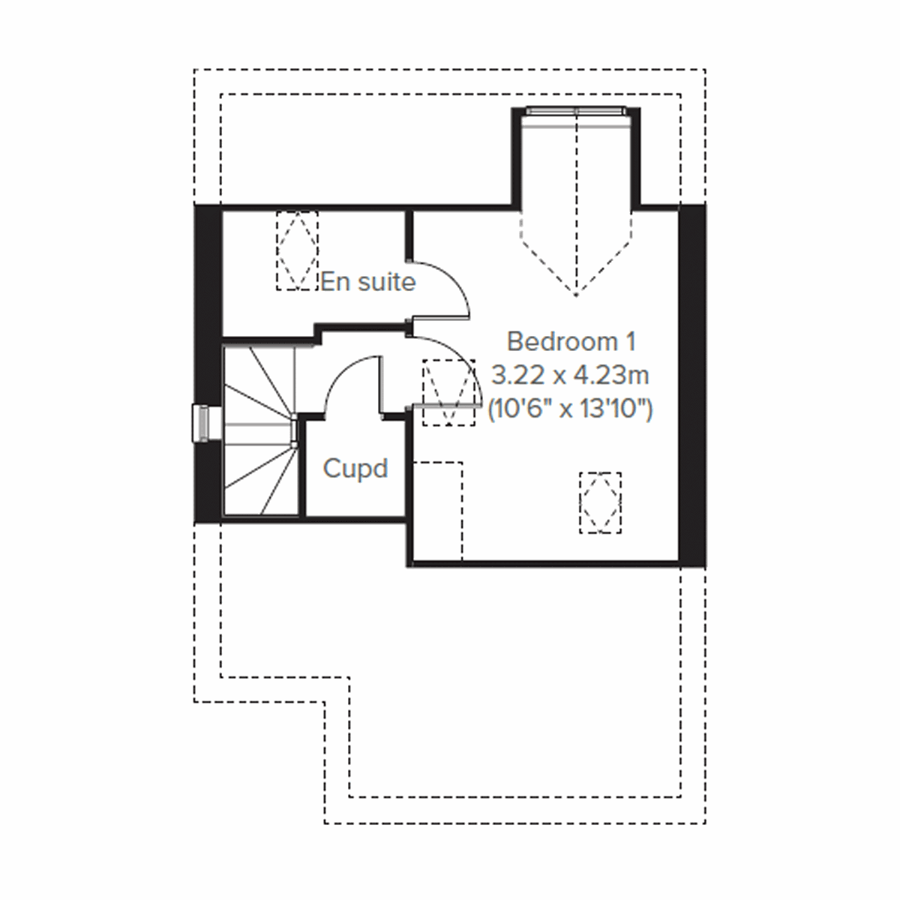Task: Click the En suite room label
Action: (x=367, y=282)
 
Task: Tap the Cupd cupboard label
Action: (x=355, y=469)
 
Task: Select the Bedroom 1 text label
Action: (x=571, y=341)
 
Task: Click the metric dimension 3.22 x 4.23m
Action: (x=571, y=375)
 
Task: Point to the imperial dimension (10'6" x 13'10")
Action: (x=571, y=409)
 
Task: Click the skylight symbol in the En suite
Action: (x=297, y=250)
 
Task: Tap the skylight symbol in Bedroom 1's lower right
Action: (x=600, y=502)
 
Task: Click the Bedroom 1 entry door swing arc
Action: (x=457, y=360)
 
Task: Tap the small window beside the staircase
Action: (x=202, y=424)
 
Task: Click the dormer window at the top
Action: (x=576, y=112)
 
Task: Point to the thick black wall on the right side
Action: (x=691, y=382)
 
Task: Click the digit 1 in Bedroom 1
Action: (x=630, y=341)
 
